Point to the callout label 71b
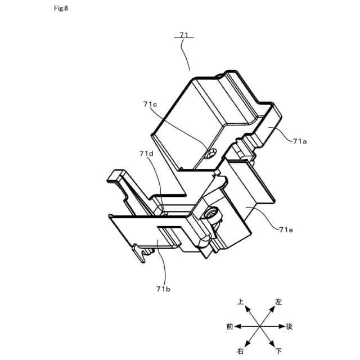click(x=163, y=289)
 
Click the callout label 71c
click(x=150, y=104)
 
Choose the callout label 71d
click(x=146, y=153)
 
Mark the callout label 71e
click(x=287, y=229)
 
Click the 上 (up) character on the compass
click(x=241, y=302)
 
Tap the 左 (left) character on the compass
click(x=278, y=302)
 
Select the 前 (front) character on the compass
click(x=229, y=326)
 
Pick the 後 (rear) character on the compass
click(x=289, y=326)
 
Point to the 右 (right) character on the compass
click(x=241, y=351)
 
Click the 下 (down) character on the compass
click(x=278, y=351)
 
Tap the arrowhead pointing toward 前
click(x=237, y=326)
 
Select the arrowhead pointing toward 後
click(x=281, y=326)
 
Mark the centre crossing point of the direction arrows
click(x=259, y=326)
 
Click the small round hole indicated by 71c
click(x=211, y=153)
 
